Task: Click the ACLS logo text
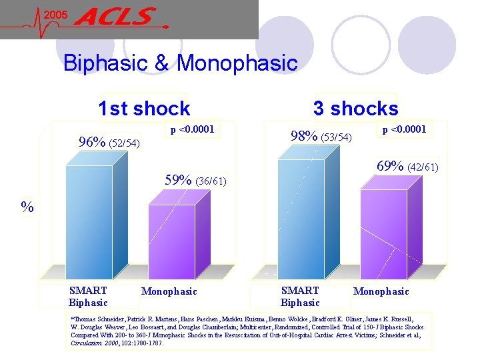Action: point(118,17)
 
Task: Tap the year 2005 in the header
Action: point(57,15)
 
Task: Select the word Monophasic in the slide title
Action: point(237,63)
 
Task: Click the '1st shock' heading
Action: point(143,108)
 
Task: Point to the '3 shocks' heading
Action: point(355,108)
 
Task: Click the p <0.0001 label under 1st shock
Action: point(192,129)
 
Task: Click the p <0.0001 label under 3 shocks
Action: point(404,128)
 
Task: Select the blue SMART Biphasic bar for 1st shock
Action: point(89,220)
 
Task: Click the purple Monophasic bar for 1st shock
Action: point(171,240)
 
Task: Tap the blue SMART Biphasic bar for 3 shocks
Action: point(301,217)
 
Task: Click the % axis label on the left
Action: point(27,207)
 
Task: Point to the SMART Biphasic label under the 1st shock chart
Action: point(88,297)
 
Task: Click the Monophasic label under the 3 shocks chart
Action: point(381,291)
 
